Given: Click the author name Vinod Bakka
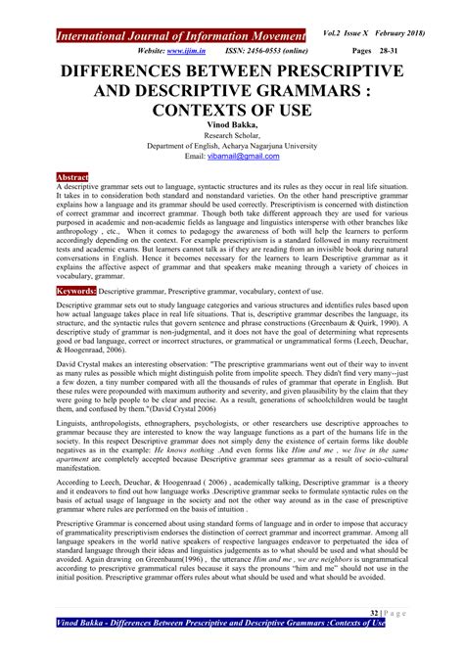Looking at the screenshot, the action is point(231,127).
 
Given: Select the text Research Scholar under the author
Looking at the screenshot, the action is point(231,138).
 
